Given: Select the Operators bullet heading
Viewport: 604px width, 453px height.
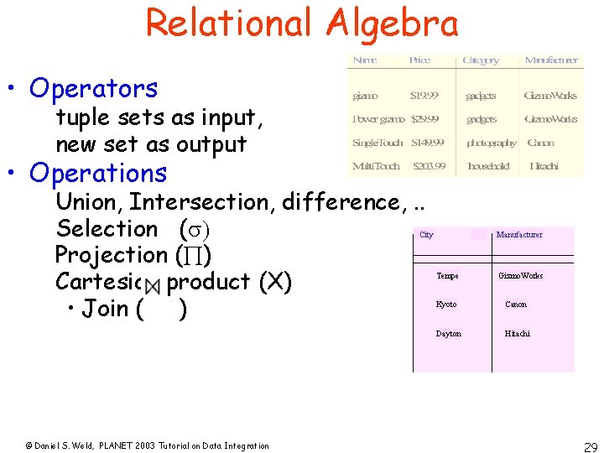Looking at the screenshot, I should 93,88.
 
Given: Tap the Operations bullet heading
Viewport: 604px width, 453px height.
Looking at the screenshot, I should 98,173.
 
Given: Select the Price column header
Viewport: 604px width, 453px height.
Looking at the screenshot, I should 419,60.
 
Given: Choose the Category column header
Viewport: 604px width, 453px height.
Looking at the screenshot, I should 481,60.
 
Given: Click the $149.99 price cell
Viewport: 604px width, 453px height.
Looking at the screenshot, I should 429,143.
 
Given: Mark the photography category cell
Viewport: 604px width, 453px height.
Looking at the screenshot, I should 492,143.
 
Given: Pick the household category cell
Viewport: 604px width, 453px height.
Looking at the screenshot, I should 489,166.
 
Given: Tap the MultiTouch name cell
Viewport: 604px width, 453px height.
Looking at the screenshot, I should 376,166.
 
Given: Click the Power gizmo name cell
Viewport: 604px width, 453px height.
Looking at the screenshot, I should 378,119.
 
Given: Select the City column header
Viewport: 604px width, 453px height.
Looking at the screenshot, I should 426,235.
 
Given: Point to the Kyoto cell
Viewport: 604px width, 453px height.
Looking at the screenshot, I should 446,305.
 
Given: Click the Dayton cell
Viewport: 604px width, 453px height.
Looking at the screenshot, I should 448,334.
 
